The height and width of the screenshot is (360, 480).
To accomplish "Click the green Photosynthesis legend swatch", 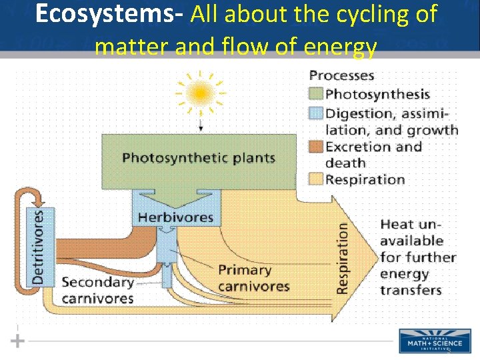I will [316, 95].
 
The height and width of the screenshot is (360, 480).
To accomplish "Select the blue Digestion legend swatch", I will [316, 113].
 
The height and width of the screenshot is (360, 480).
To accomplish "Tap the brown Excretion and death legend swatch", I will [316, 146].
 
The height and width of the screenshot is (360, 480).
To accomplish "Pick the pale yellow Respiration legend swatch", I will [316, 179].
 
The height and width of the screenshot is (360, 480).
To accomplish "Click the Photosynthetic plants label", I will [198, 158].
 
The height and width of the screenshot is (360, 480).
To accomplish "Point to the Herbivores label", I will [175, 217].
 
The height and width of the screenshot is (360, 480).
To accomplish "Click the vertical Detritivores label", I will [39, 247].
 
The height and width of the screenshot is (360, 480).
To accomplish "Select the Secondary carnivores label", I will [97, 290].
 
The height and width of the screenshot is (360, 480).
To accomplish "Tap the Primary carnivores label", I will [254, 278].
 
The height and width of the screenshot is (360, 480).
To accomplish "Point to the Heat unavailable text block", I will [418, 257].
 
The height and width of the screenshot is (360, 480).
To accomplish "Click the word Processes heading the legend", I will [341, 76].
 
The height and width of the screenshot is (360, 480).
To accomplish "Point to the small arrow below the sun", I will [200, 125].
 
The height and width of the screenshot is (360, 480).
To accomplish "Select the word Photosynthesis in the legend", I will [377, 95].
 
